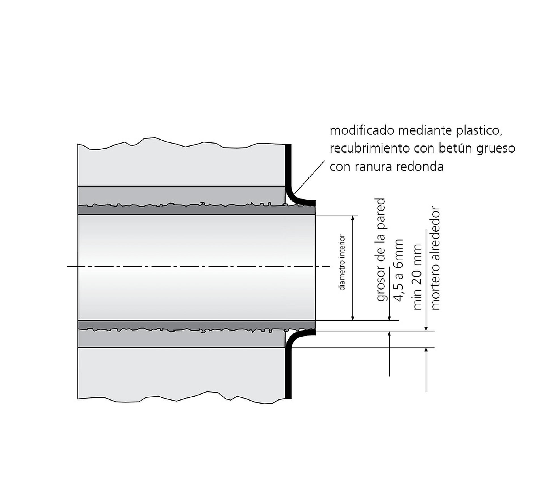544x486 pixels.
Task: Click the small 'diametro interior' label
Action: [x=342, y=262]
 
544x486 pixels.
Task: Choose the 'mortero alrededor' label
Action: [x=435, y=258]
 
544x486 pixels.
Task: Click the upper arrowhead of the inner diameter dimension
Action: [x=353, y=218]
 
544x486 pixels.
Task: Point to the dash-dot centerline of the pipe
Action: [x=198, y=266]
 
